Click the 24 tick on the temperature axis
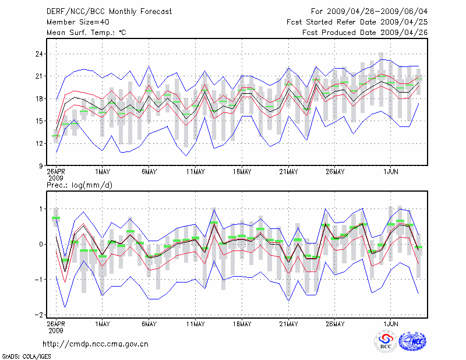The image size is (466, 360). click(x=39, y=54)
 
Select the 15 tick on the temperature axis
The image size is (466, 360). click(x=39, y=121)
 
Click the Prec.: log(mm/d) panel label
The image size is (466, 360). click(x=79, y=185)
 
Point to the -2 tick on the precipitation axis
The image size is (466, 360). click(x=38, y=315)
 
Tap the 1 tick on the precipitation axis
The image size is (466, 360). click(x=41, y=209)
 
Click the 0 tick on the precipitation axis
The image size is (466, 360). click(x=41, y=244)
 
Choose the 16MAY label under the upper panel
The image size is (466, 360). click(x=242, y=172)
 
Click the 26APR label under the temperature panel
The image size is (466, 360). click(x=56, y=172)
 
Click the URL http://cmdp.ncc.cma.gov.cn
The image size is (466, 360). click(x=96, y=344)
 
